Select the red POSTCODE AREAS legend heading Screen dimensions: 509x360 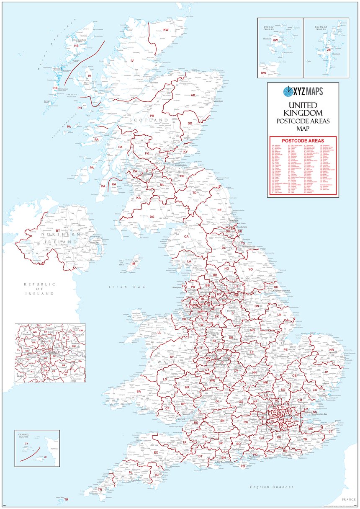pos(303,140)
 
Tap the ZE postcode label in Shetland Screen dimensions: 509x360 pos(329,50)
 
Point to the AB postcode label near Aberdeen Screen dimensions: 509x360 pos(193,96)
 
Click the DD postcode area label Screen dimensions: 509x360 pos(190,124)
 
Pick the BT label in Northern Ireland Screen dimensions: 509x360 pos(58,231)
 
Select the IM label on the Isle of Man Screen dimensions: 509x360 pos(134,264)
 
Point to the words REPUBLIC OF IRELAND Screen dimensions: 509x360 pos(39,289)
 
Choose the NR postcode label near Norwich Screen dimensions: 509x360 pos(332,350)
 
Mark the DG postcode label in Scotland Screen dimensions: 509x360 pos(152,217)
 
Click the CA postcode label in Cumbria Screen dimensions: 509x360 pos(187,237)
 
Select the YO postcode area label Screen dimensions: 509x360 pos(251,269)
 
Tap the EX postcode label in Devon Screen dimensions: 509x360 pos(156,452)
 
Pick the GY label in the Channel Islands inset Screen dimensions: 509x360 pos(26,443)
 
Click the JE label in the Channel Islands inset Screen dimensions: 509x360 pos(45,457)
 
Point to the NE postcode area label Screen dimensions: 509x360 pos(219,209)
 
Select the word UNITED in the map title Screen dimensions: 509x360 pos(303,105)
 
